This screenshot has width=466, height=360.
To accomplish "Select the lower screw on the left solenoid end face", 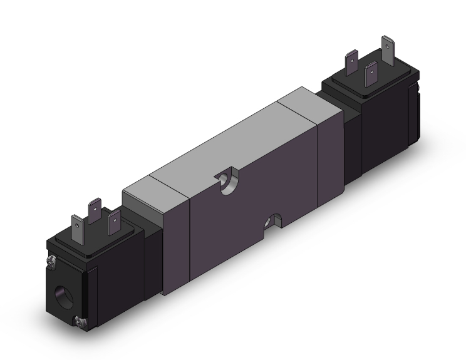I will pyautogui.click(x=80, y=322).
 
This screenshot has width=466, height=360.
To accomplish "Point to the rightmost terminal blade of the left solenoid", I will pyautogui.click(x=114, y=224).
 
